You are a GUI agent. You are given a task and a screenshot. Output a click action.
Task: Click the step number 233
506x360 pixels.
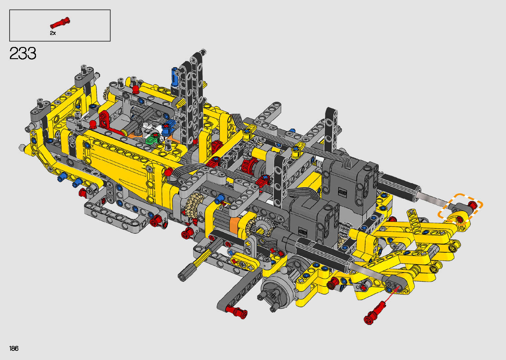pos(23,53)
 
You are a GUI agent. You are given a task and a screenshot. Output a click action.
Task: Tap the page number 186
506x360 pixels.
pos(14,348)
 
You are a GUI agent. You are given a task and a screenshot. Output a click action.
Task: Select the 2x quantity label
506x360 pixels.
pos(53,33)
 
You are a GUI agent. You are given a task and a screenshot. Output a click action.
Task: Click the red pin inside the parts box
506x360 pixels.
pos(60,22)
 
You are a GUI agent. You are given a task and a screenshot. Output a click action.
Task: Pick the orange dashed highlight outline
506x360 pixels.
pos(460,209)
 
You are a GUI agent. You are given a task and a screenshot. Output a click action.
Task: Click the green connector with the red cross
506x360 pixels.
pos(153,138)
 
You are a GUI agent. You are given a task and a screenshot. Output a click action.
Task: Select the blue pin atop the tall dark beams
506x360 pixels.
pos(175,77)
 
